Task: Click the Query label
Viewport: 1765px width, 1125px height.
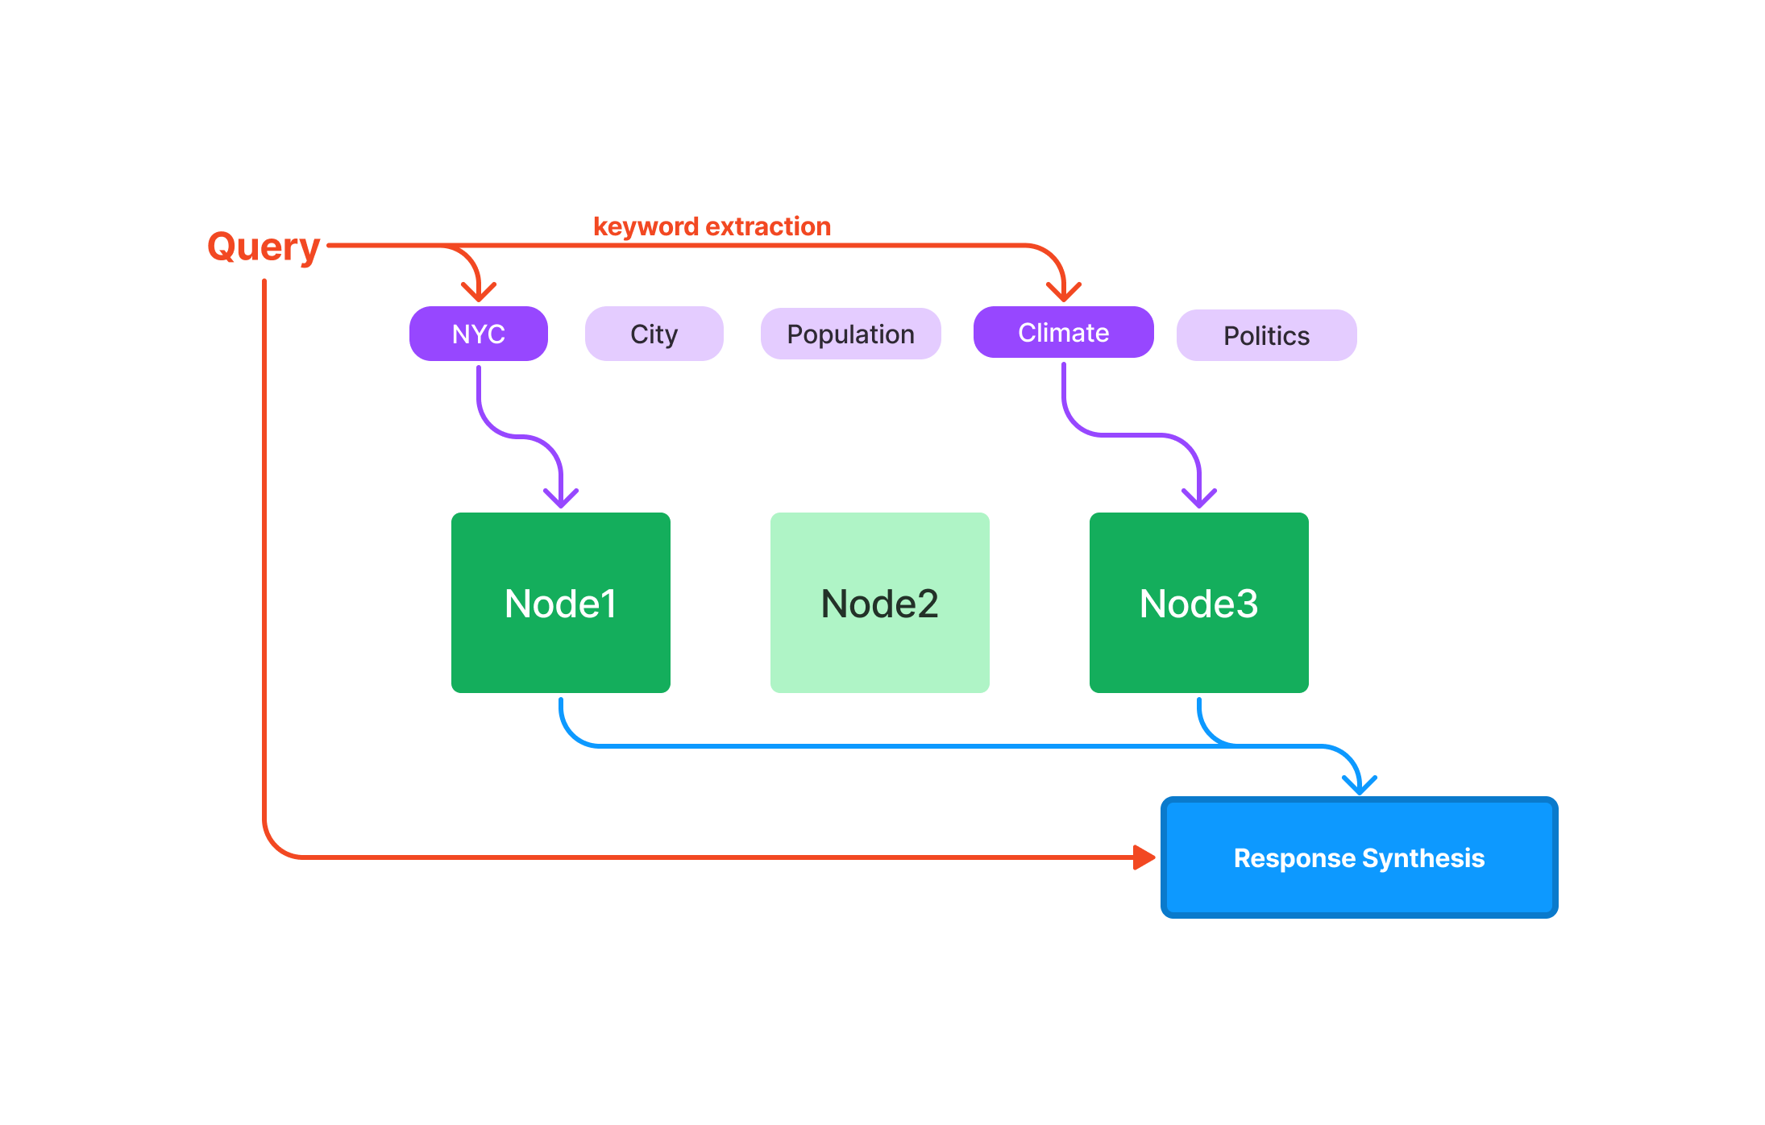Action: [264, 247]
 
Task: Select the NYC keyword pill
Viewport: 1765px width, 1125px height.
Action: [478, 334]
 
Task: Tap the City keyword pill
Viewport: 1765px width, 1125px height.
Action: [654, 334]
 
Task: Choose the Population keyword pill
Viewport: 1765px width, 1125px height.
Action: [850, 334]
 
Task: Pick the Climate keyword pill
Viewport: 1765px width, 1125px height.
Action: [1063, 332]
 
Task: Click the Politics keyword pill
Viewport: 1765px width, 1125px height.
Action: [1266, 335]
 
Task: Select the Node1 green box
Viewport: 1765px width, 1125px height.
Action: [560, 603]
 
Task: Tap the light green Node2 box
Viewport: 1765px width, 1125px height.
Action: [879, 603]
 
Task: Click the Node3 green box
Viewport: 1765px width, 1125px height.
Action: [1198, 603]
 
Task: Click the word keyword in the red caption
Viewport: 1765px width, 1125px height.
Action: [646, 227]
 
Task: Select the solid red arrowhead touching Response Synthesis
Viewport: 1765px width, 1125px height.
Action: [1144, 857]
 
